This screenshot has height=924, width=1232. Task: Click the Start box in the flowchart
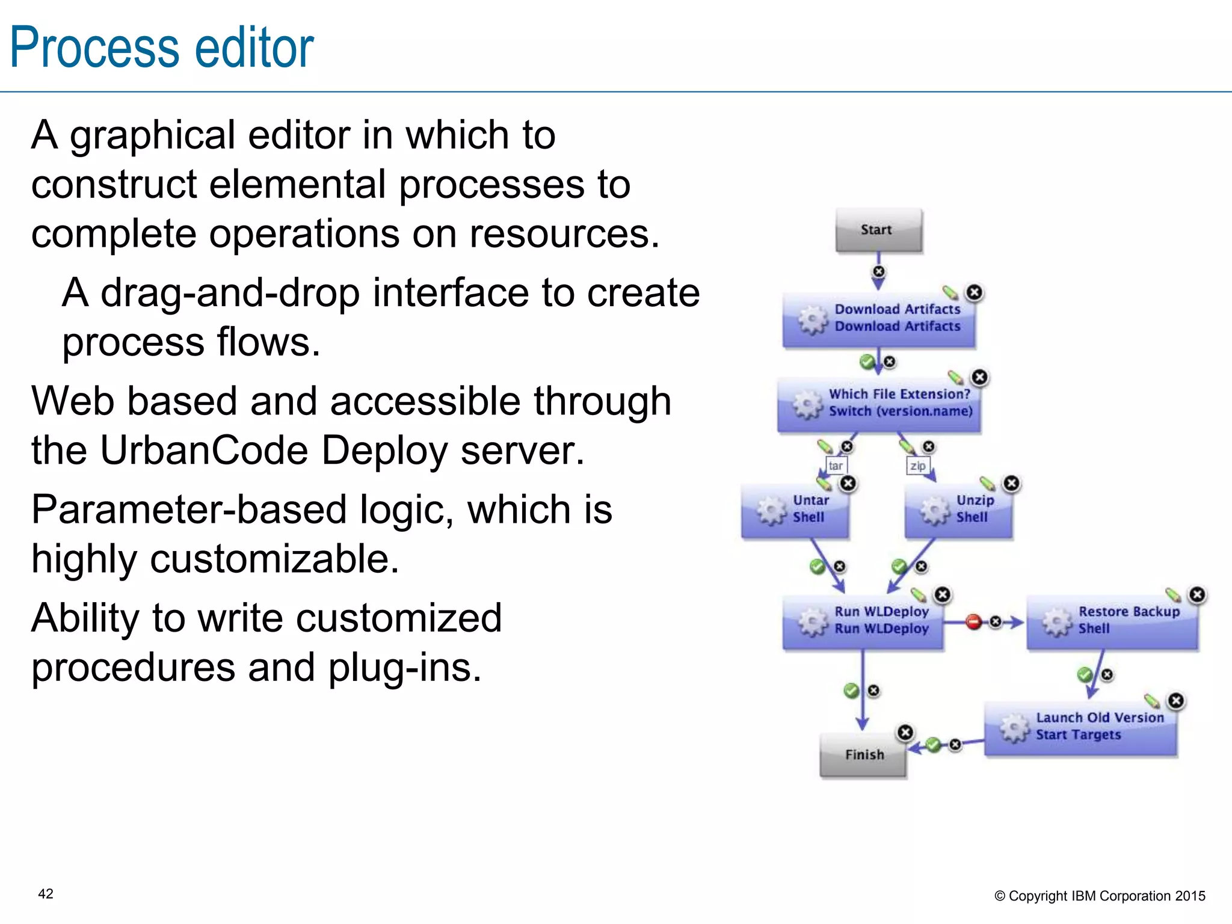click(x=878, y=230)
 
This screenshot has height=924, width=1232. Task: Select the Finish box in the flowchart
click(x=863, y=756)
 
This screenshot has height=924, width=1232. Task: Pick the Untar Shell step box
click(x=795, y=511)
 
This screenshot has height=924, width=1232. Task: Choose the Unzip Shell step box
click(x=959, y=511)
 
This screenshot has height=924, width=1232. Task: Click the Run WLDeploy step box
click(x=863, y=622)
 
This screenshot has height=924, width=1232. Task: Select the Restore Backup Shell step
click(x=1112, y=622)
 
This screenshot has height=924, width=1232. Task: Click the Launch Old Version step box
click(x=1080, y=728)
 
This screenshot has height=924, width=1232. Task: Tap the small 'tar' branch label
click(x=835, y=466)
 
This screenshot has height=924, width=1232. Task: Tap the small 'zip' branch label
click(x=917, y=466)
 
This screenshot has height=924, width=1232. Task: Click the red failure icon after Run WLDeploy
click(x=973, y=621)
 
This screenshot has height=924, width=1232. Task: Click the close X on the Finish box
click(x=905, y=732)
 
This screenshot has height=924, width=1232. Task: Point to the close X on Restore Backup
click(x=1197, y=594)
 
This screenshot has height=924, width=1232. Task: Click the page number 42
click(x=46, y=894)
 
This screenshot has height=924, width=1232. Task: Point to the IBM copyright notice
click(x=1100, y=896)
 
